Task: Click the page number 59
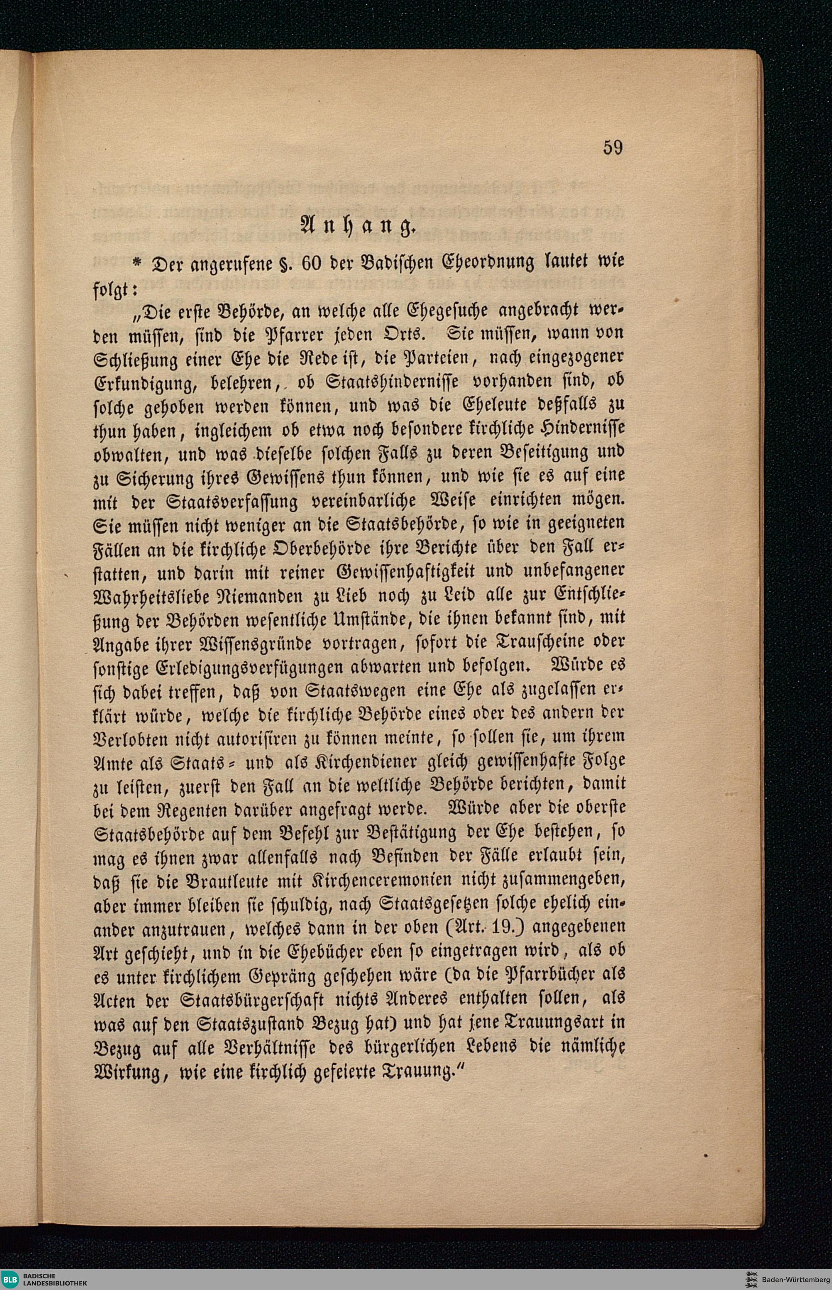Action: [613, 148]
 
